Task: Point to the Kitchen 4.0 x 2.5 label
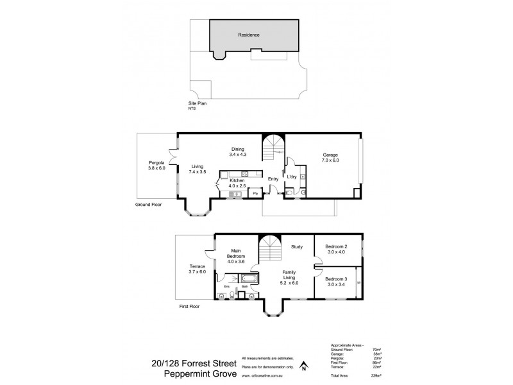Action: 237,185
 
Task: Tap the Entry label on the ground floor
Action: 273,179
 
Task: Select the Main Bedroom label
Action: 236,257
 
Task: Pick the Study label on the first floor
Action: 296,246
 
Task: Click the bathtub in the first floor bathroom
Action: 247,277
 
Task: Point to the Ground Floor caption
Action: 147,205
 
